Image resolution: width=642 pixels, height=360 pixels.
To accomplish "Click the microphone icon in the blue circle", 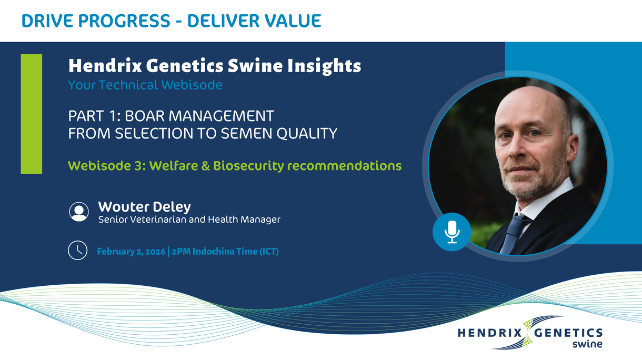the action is (x=452, y=232).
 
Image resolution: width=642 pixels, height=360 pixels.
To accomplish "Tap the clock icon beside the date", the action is (x=78, y=250).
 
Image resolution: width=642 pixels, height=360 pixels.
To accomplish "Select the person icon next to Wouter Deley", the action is (x=79, y=212).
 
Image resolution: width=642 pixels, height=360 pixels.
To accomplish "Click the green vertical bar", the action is (x=32, y=114).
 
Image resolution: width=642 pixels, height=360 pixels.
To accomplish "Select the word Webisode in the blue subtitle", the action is (x=192, y=85).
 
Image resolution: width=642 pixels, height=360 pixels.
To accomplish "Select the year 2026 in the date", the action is (x=155, y=252).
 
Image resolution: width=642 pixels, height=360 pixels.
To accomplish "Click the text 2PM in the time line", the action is (x=181, y=252).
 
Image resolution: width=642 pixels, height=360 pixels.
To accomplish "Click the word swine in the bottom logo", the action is (x=587, y=344).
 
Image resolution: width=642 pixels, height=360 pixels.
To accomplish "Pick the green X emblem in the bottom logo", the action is (x=528, y=332).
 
